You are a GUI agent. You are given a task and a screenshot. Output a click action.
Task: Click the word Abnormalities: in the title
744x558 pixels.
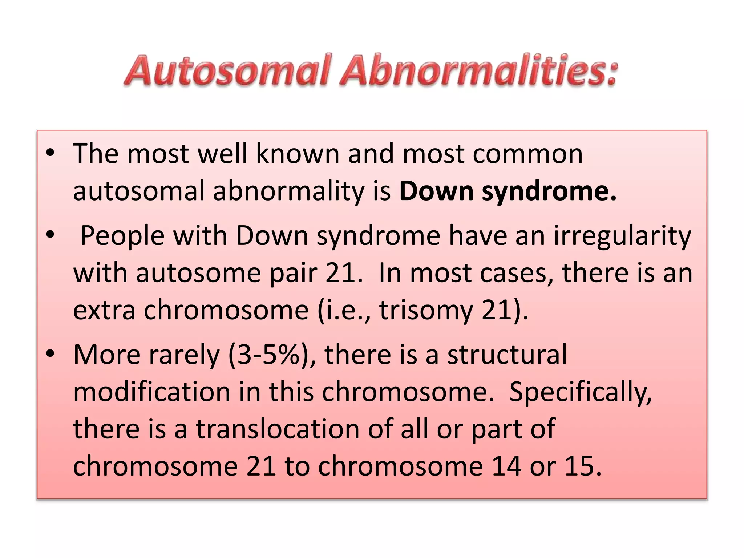479,70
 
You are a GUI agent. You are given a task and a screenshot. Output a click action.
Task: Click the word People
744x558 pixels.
122,236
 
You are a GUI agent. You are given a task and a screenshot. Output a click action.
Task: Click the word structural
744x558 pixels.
507,355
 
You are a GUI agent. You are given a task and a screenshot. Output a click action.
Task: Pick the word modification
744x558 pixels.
152,392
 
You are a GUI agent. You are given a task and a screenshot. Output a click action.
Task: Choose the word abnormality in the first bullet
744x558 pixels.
289,192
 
